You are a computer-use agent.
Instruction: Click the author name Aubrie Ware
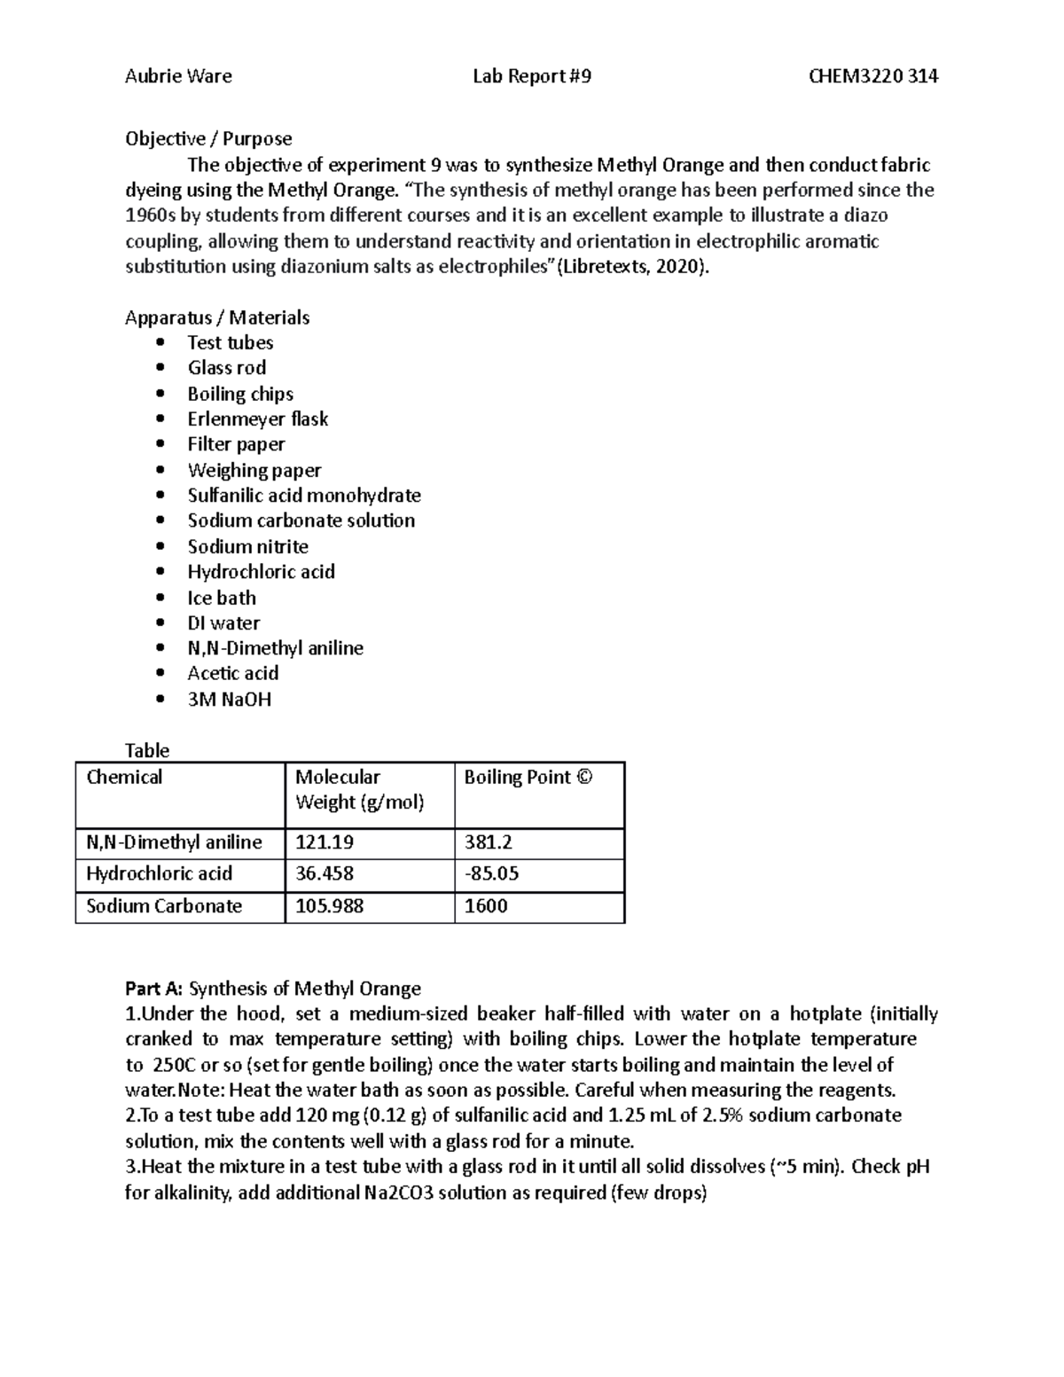(x=178, y=76)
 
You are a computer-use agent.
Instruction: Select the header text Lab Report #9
(x=531, y=76)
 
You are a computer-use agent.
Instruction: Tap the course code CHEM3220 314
(x=872, y=76)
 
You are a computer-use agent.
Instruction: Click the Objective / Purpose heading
(x=208, y=138)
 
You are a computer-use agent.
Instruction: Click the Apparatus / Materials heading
(x=217, y=317)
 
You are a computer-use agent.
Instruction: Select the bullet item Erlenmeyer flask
(x=257, y=419)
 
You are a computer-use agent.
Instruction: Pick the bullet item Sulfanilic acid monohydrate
(x=304, y=496)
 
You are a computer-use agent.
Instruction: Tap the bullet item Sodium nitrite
(x=247, y=546)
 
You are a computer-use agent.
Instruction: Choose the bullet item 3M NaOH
(x=229, y=700)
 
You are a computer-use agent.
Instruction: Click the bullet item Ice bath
(x=222, y=598)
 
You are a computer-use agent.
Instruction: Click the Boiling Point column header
(x=528, y=777)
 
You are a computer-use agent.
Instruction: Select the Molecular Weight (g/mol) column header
(x=359, y=789)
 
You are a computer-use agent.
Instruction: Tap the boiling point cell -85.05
(x=491, y=873)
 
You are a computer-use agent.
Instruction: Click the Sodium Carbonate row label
(x=164, y=906)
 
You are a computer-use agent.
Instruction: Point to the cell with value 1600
(x=486, y=906)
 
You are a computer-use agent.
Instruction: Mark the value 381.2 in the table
(x=489, y=842)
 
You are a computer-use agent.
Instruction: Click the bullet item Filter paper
(x=236, y=444)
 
